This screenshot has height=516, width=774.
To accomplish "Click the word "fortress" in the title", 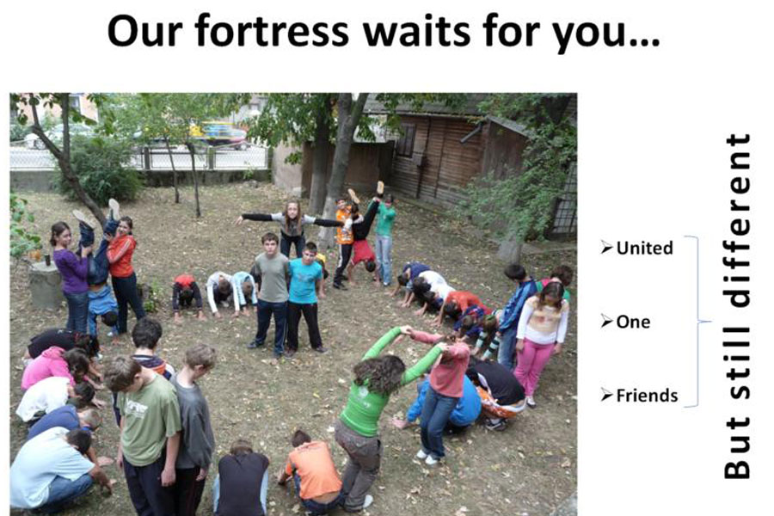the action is coord(272,31).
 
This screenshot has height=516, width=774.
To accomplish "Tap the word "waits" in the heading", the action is coord(416,31).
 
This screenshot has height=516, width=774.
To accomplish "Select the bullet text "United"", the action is coord(644,248).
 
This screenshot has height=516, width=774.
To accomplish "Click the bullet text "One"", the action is coord(633,322).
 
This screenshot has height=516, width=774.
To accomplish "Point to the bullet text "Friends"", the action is coord(647,395).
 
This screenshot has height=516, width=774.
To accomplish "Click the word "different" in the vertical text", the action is coord(737,220).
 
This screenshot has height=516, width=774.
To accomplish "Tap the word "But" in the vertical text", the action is coord(737,448).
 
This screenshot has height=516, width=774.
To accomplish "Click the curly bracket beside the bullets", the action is coord(701,322).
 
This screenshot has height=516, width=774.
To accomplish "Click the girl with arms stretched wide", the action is coord(292,226).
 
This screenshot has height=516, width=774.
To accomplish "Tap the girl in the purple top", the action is coord(72,277).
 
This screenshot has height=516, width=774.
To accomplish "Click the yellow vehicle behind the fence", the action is coord(218,134).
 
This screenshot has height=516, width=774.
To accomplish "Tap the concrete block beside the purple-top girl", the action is coord(46,286).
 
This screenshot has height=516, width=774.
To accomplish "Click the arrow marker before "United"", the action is coord(606,247).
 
